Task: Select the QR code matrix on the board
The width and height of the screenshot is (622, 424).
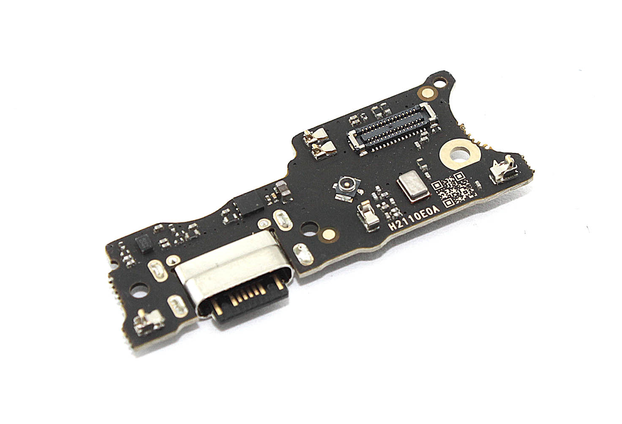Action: tap(454, 189)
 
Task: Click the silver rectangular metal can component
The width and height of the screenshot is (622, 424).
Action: tap(413, 185)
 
